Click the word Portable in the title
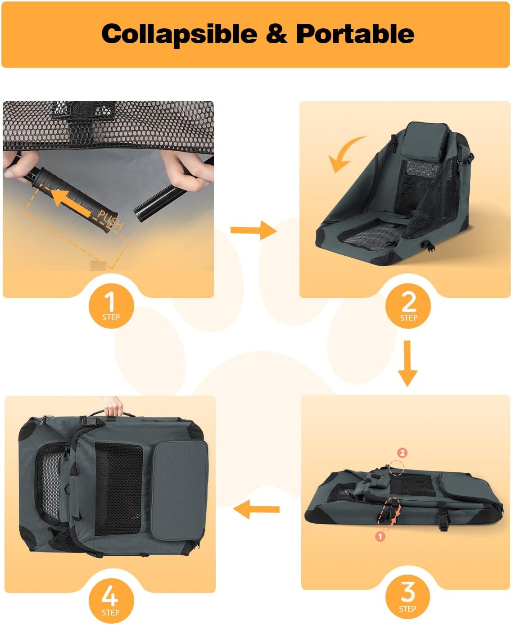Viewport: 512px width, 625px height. pyautogui.click(x=355, y=33)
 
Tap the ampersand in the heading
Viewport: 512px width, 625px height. pyautogui.click(x=277, y=33)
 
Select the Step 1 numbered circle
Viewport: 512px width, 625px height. pyautogui.click(x=111, y=306)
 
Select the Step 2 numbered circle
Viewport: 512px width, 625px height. pyautogui.click(x=408, y=306)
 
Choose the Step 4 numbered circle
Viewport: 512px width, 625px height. pyautogui.click(x=111, y=601)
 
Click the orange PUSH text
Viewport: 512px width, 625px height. pyautogui.click(x=110, y=219)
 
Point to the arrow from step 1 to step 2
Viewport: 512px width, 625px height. pyautogui.click(x=254, y=230)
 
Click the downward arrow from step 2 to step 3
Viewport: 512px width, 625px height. pyautogui.click(x=408, y=363)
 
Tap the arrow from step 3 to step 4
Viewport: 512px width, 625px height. pyautogui.click(x=257, y=509)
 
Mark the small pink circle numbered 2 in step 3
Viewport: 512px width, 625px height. pyautogui.click(x=402, y=453)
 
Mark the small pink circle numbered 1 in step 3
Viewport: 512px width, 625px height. pyautogui.click(x=380, y=536)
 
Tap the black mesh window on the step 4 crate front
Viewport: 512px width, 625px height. pyautogui.click(x=119, y=489)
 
